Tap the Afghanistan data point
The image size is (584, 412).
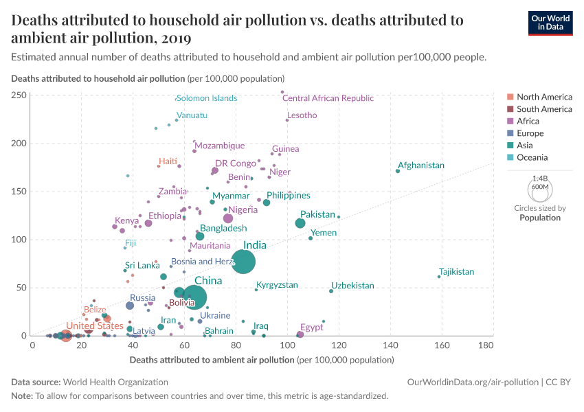(398, 171)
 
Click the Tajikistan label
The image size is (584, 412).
(456, 272)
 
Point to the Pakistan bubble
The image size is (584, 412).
(300, 223)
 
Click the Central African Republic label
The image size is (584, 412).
(328, 98)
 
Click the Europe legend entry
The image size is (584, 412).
(530, 133)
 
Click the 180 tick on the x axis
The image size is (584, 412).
(485, 345)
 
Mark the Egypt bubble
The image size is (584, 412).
(300, 334)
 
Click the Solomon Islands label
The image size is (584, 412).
(207, 98)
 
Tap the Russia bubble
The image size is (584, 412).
(130, 306)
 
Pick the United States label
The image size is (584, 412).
(95, 325)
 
